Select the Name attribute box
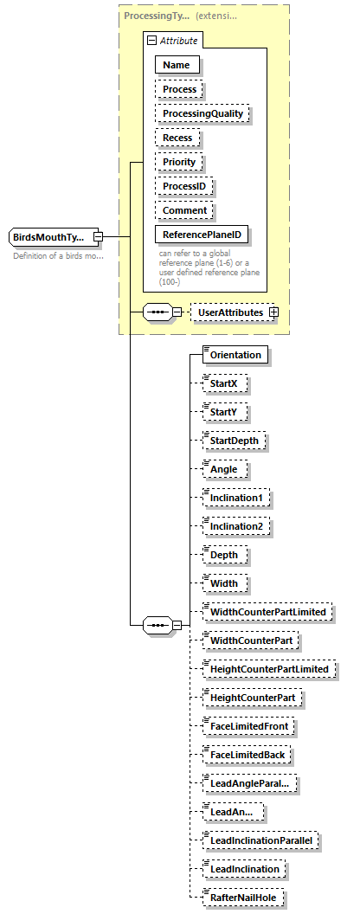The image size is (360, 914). pyautogui.click(x=177, y=65)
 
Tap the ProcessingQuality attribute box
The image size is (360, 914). pyautogui.click(x=202, y=113)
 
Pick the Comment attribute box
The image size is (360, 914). pyautogui.click(x=185, y=210)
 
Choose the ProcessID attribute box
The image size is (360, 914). pyautogui.click(x=184, y=186)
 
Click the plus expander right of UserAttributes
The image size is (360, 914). pyautogui.click(x=273, y=312)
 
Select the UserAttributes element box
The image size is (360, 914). pyautogui.click(x=229, y=312)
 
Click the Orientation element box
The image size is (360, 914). pyautogui.click(x=235, y=354)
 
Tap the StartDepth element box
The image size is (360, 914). pyautogui.click(x=234, y=440)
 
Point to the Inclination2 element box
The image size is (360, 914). pyautogui.click(x=236, y=525)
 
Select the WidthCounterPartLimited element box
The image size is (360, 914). pyautogui.click(x=267, y=612)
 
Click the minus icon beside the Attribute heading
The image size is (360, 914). pyautogui.click(x=151, y=41)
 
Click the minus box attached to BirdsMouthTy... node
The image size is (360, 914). pyautogui.click(x=99, y=237)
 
